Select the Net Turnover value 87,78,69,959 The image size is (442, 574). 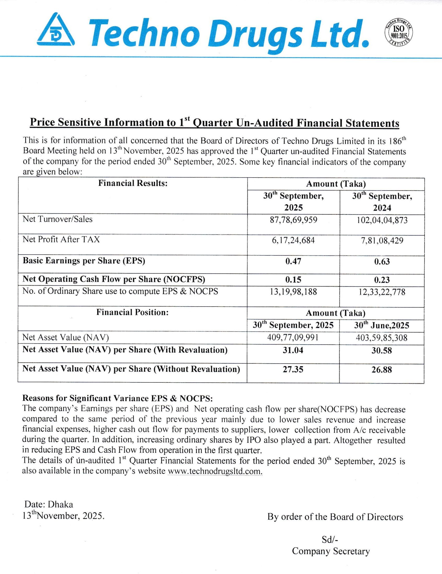pyautogui.click(x=293, y=220)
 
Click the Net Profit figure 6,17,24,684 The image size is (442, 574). pyautogui.click(x=293, y=240)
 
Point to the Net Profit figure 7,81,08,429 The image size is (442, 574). pyautogui.click(x=382, y=240)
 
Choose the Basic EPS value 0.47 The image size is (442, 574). pyautogui.click(x=293, y=261)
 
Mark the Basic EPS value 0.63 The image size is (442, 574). pyautogui.click(x=382, y=261)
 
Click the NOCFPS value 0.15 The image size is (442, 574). pyautogui.click(x=293, y=280)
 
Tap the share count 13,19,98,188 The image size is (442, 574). pyautogui.click(x=293, y=292)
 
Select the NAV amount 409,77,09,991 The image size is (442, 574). pyautogui.click(x=293, y=337)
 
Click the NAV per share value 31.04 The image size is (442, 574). pyautogui.click(x=293, y=350)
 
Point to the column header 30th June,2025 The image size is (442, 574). pyautogui.click(x=382, y=326)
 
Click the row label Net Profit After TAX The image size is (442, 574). pyautogui.click(x=61, y=240)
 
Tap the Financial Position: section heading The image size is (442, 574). pyautogui.click(x=132, y=312)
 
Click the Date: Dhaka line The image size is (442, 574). pyautogui.click(x=49, y=504)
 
